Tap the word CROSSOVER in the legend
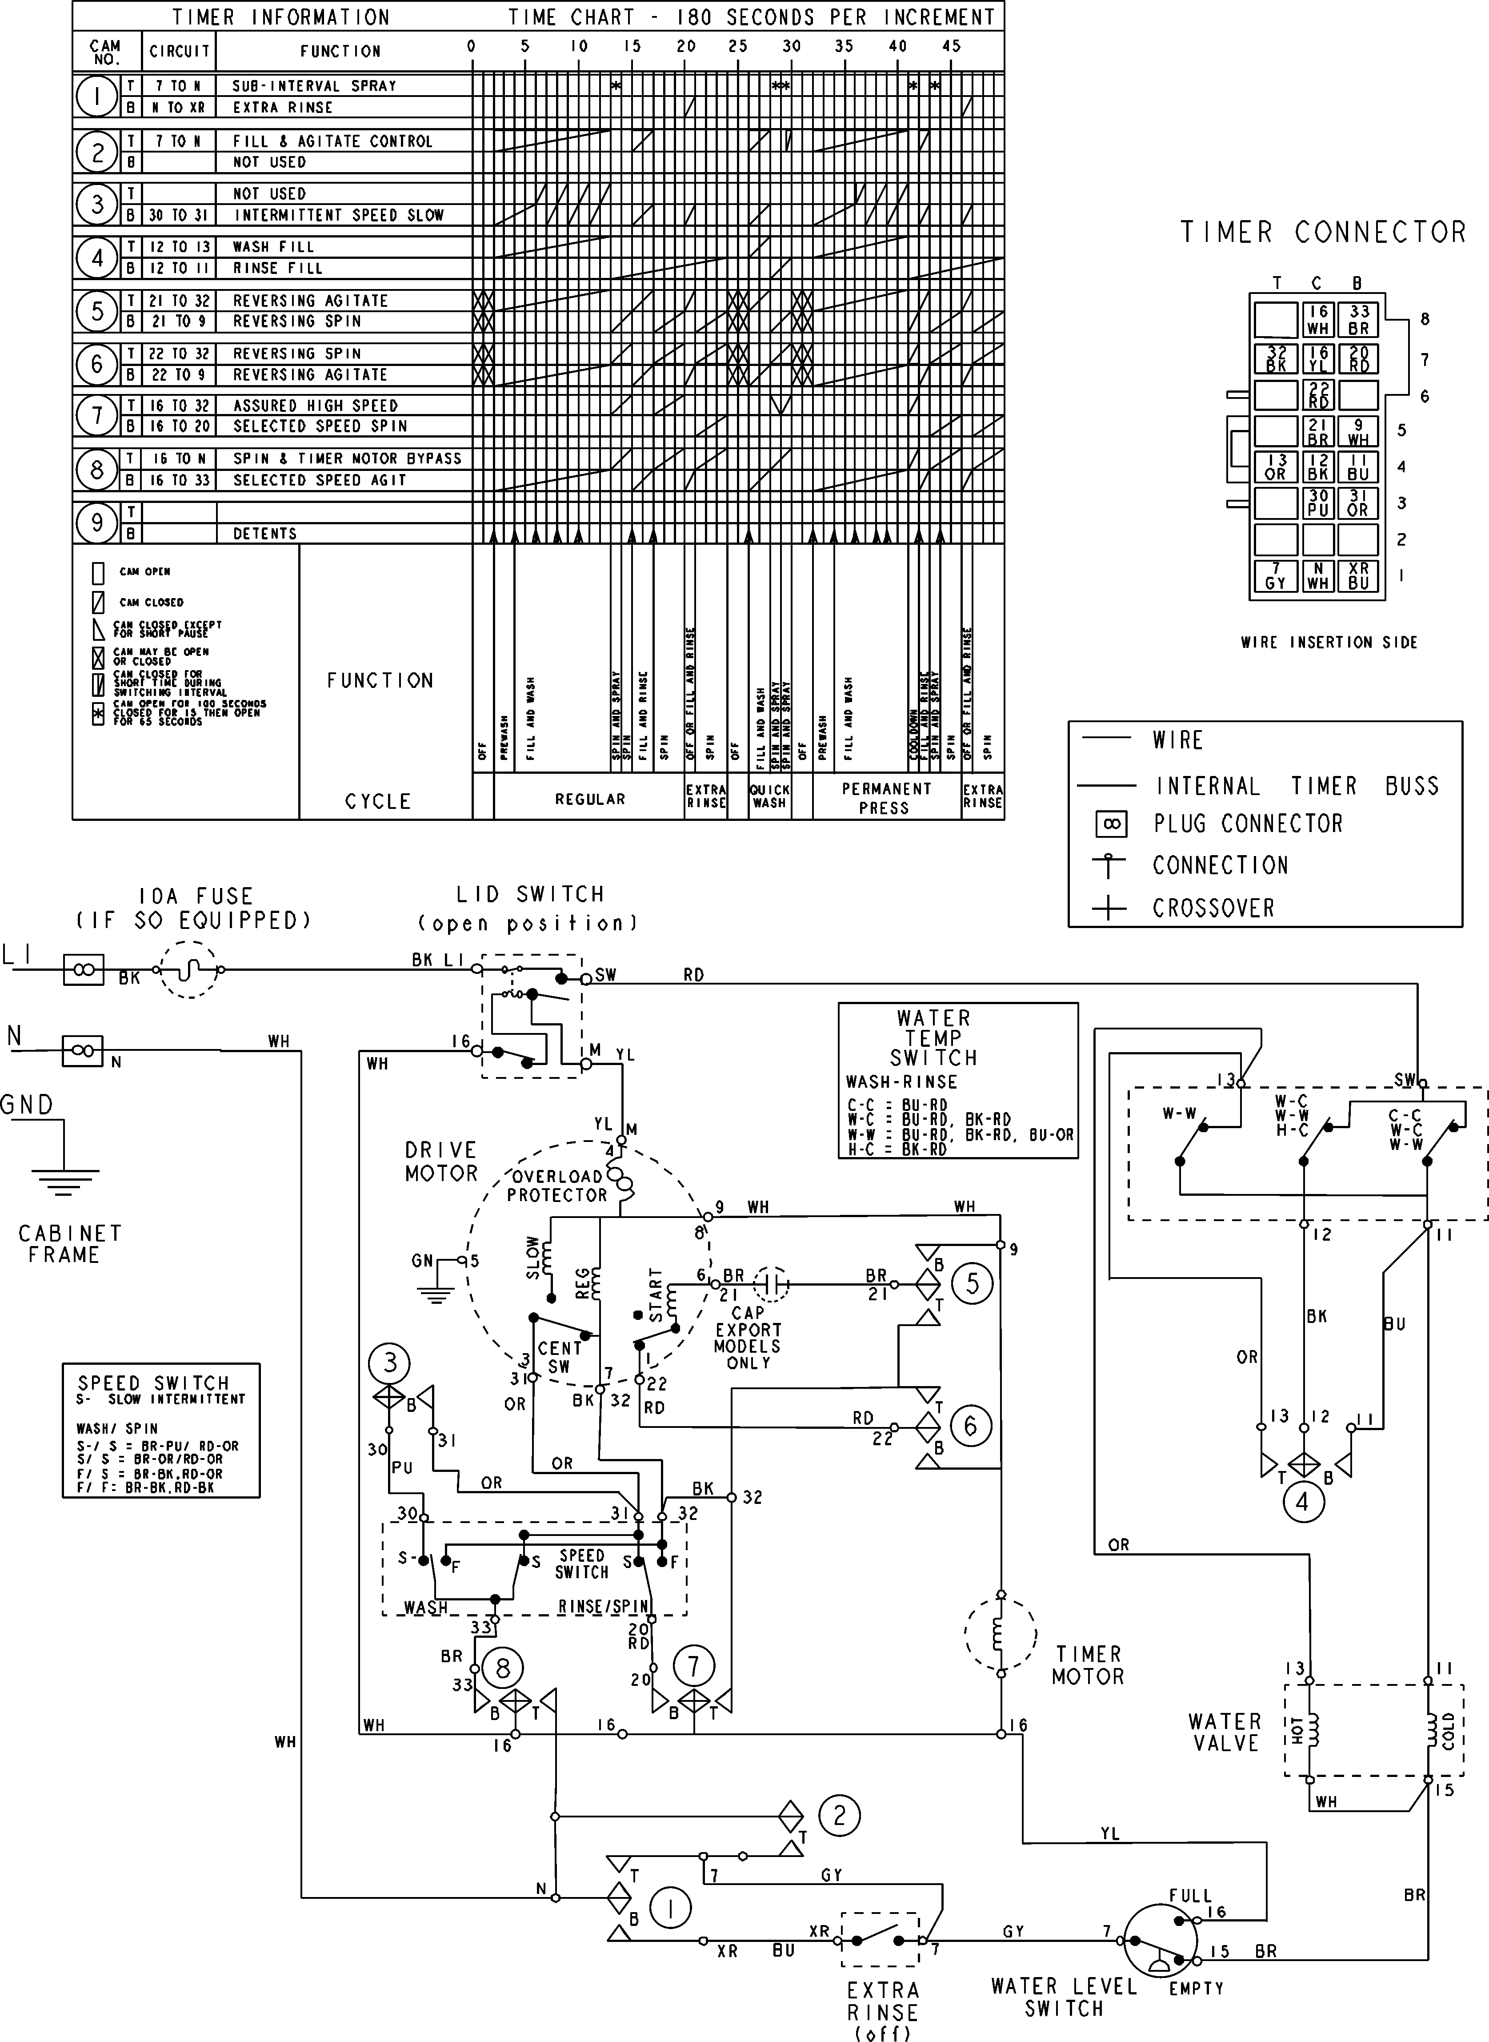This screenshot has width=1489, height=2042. click(x=1213, y=908)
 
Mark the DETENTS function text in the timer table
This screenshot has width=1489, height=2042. click(x=265, y=534)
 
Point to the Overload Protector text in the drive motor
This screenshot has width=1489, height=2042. click(x=557, y=1186)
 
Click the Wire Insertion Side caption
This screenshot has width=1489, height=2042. click(x=1329, y=642)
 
